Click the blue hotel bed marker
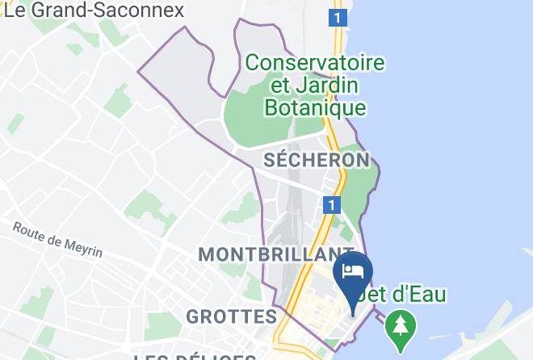coord(353,270)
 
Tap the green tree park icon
coord(399,324)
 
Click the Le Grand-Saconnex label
coord(94,10)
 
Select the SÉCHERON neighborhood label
coord(317,160)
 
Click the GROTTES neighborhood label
coord(231,316)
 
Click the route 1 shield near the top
coord(338,16)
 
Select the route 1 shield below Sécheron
coord(330,205)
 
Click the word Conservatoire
coord(315,62)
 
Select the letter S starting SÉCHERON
coord(270,160)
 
